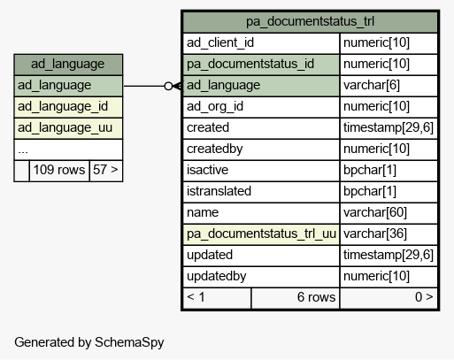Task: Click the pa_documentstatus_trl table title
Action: [310, 21]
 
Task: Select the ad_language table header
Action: [68, 64]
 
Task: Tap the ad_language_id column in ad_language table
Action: [68, 107]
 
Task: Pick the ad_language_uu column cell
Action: [68, 128]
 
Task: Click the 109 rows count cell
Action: [59, 170]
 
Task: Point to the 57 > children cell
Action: [106, 170]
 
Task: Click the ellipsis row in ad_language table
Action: [68, 149]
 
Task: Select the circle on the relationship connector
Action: [168, 86]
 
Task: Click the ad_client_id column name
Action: [220, 42]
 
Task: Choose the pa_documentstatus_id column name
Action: [250, 64]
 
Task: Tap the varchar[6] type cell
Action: [389, 86]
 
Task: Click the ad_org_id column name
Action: [215, 106]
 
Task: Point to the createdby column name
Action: [214, 149]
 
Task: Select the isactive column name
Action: [207, 170]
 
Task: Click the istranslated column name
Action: [219, 191]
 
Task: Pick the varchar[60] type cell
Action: [389, 213]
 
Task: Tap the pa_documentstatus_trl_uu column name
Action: [261, 234]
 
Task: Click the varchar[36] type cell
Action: [389, 234]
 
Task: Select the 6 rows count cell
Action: [296, 298]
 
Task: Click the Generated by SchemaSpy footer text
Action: [89, 342]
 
